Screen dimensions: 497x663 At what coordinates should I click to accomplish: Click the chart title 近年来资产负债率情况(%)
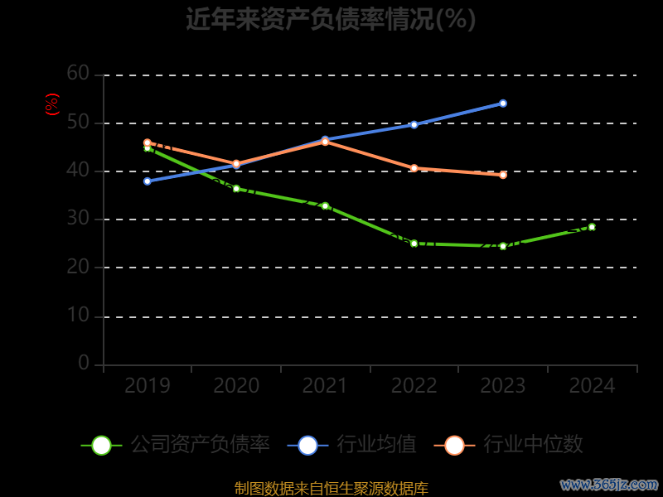pyautogui.click(x=331, y=19)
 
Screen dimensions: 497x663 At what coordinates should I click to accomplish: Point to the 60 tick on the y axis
pyautogui.click(x=78, y=74)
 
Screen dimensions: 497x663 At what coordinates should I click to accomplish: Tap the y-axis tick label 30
pyautogui.click(x=78, y=219)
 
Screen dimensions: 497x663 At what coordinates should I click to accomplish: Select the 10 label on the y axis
pyautogui.click(x=78, y=316)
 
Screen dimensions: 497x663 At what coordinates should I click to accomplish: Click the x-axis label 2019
pyautogui.click(x=148, y=386)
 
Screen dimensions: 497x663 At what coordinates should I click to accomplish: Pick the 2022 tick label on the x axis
pyautogui.click(x=414, y=386)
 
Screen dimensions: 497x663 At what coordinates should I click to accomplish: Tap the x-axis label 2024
pyautogui.click(x=593, y=386)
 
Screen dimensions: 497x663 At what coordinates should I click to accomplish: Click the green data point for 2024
pyautogui.click(x=592, y=226)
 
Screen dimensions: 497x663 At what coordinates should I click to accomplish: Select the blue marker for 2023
pyautogui.click(x=503, y=104)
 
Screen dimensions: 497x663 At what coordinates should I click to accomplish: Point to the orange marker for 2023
pyautogui.click(x=503, y=175)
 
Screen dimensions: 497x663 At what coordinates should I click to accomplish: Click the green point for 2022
pyautogui.click(x=414, y=244)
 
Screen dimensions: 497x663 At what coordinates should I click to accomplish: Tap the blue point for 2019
pyautogui.click(x=148, y=181)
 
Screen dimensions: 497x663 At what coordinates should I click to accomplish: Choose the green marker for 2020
pyautogui.click(x=236, y=189)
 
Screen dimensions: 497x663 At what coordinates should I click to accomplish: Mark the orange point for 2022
pyautogui.click(x=414, y=168)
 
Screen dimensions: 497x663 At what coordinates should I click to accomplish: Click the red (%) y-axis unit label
pyautogui.click(x=52, y=104)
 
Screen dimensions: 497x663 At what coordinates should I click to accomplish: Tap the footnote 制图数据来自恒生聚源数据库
pyautogui.click(x=331, y=488)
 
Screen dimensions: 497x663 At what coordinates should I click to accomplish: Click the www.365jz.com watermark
pyautogui.click(x=609, y=484)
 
